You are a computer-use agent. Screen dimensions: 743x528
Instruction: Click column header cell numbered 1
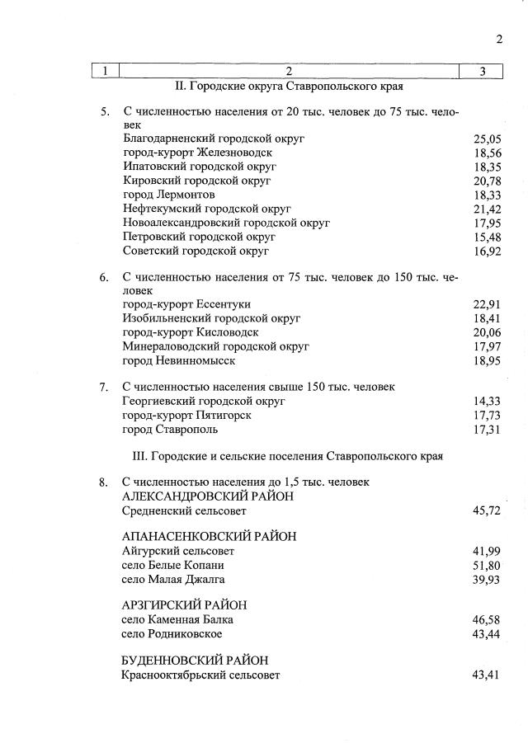tap(105, 71)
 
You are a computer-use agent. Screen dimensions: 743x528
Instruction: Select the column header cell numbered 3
tap(481, 71)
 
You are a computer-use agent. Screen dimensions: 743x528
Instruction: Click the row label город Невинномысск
tap(179, 361)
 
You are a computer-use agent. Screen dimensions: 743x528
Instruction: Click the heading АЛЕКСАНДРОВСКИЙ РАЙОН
tap(207, 496)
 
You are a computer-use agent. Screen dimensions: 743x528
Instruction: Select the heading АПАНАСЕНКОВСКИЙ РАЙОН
tap(209, 537)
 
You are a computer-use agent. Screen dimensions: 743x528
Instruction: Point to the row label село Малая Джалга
tap(173, 580)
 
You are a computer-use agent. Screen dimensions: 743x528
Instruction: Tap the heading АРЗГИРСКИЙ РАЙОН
tap(184, 605)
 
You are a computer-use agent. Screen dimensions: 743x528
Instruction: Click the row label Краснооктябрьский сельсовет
tap(201, 675)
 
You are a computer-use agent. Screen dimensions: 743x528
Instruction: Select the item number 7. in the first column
tap(104, 387)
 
